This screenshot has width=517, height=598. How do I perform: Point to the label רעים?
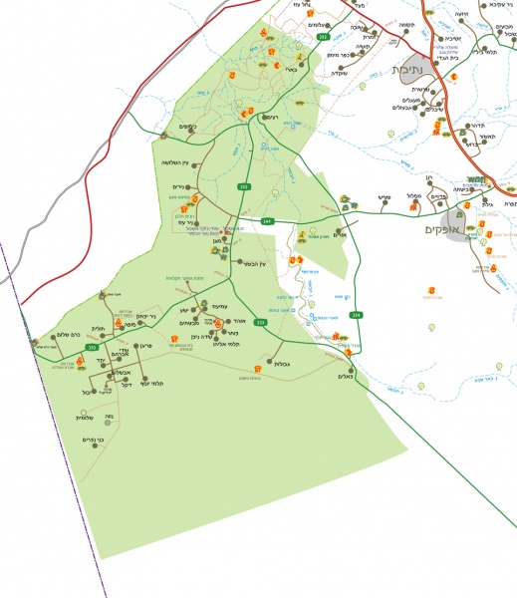[270, 117]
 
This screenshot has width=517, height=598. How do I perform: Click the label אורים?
[338, 236]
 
